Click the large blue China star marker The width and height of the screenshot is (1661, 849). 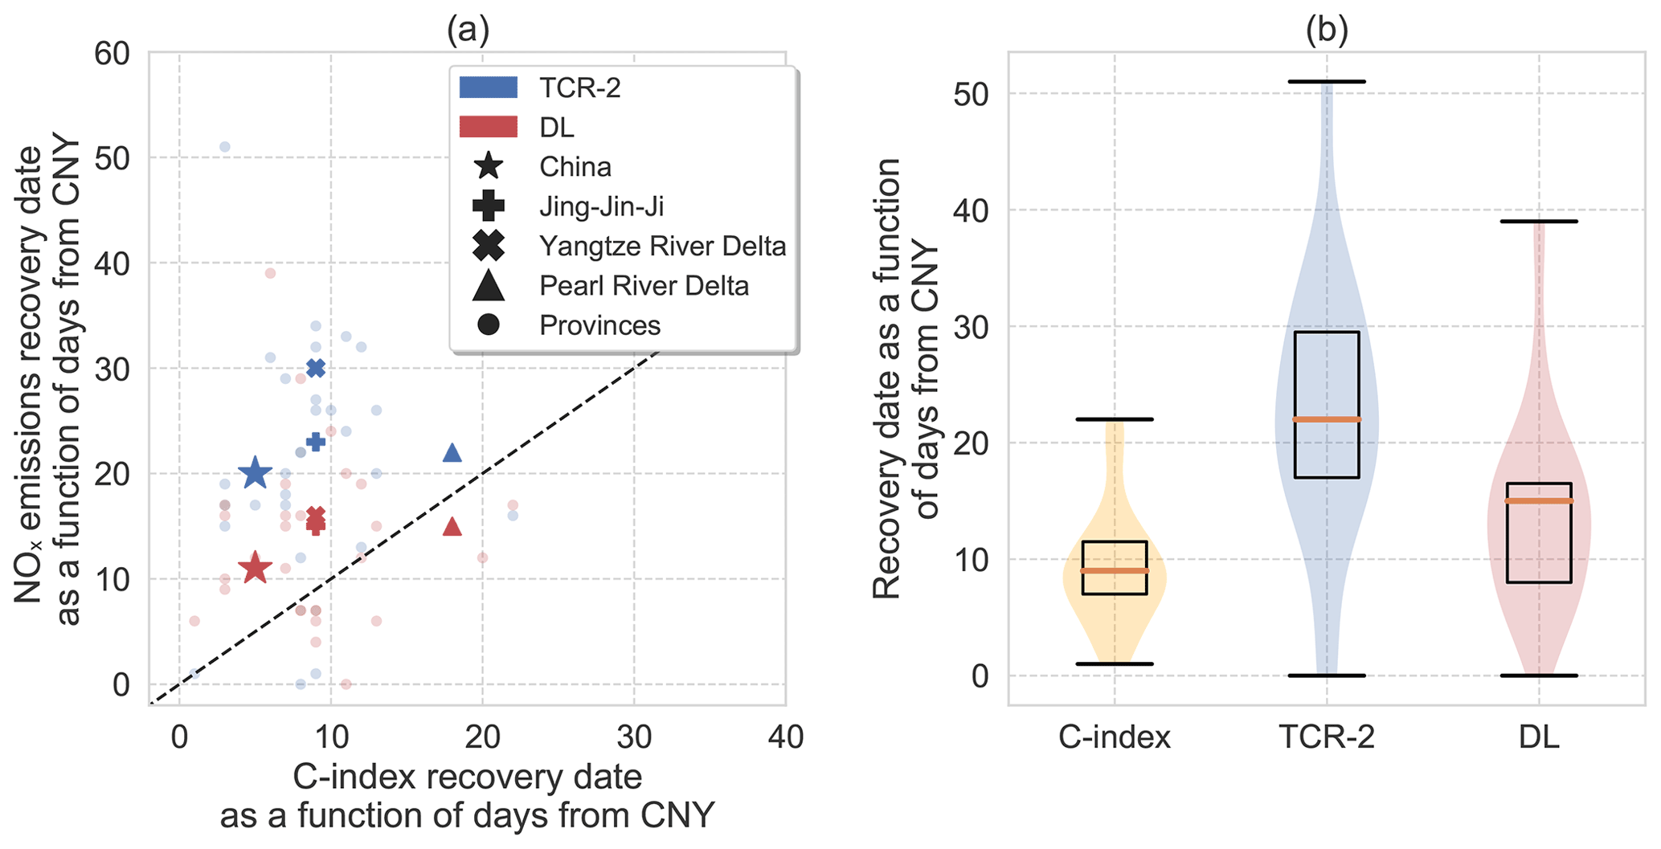(x=256, y=473)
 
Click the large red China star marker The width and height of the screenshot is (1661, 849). (x=256, y=568)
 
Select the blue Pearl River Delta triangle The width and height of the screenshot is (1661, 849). (x=452, y=453)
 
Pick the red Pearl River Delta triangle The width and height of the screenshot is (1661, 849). (x=452, y=527)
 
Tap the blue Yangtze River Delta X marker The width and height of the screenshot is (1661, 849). (x=316, y=368)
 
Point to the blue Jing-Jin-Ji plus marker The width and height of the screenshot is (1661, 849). (x=316, y=441)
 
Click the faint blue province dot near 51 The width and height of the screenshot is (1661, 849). (x=225, y=147)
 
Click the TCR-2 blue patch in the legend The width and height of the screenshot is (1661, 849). (x=489, y=88)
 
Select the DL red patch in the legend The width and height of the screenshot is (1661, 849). (x=489, y=127)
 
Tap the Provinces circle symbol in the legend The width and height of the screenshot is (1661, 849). (x=489, y=325)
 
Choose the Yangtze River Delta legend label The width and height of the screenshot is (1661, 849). (x=662, y=246)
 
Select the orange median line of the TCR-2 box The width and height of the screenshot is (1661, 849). (x=1327, y=419)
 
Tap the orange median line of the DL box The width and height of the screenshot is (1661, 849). (x=1539, y=501)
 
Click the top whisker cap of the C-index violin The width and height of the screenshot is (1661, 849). (x=1114, y=419)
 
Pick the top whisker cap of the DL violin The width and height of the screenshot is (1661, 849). (x=1539, y=221)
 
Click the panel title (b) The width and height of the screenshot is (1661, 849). (x=1327, y=31)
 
